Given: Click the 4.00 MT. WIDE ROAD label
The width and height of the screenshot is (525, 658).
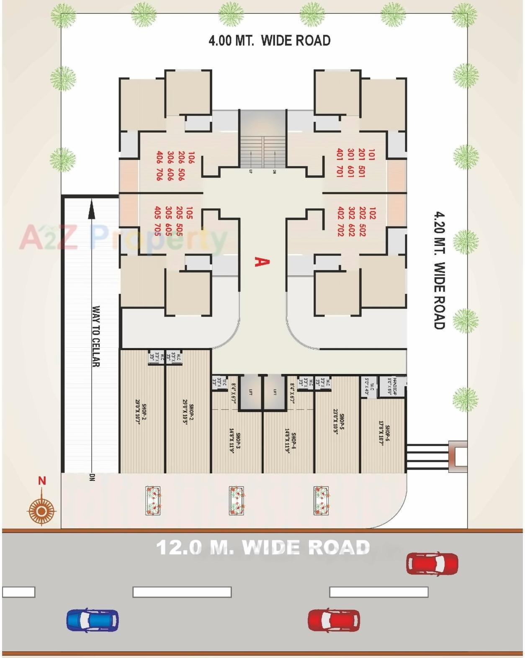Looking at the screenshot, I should pos(269,41).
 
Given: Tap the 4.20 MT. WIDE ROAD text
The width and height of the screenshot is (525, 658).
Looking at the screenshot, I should pos(439,270).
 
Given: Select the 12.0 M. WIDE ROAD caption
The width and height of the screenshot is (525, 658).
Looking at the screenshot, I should pos(263,547).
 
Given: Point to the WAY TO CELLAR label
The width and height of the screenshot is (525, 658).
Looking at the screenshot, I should pos(96,336).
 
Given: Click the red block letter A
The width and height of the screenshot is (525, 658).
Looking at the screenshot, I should pos(262,262).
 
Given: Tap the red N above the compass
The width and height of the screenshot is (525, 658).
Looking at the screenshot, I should pos(42,480).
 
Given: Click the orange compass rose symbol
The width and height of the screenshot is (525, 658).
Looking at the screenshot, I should pos(41,511).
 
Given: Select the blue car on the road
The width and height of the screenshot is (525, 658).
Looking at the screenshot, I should pos(93,620).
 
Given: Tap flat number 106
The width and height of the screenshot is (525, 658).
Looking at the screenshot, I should pos(191,157).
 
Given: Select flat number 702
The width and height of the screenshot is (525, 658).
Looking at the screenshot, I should pos(340,230).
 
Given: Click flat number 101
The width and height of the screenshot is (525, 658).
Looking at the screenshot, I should pos(371,154).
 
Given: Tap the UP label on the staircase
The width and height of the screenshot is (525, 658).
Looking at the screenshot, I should pos(250,171).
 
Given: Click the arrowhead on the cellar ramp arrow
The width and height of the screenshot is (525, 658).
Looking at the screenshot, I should pos(92,208).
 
